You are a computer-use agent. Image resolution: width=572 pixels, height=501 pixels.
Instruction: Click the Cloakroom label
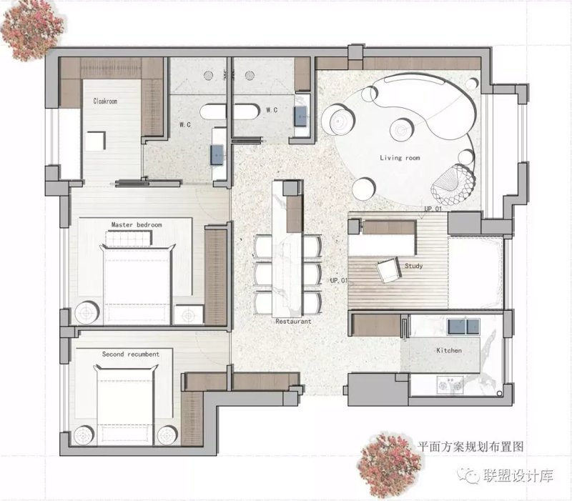[105, 101]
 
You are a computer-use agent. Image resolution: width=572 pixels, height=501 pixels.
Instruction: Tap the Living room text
[400, 157]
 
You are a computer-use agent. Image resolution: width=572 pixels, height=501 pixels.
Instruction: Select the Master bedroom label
[137, 224]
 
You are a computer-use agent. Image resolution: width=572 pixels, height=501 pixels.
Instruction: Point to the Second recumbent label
[131, 354]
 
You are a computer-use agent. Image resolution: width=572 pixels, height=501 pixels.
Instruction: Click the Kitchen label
[449, 350]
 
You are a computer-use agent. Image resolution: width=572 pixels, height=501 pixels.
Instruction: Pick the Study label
[414, 266]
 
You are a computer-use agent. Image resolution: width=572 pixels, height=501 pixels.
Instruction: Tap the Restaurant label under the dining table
[293, 321]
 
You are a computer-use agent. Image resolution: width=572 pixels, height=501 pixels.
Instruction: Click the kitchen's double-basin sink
[463, 326]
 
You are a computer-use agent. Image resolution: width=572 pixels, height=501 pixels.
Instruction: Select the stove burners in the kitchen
[450, 385]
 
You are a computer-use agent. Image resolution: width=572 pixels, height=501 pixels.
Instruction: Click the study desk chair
[388, 270]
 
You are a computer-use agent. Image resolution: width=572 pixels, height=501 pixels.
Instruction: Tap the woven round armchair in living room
[453, 184]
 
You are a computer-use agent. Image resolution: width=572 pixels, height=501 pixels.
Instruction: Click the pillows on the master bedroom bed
[129, 239]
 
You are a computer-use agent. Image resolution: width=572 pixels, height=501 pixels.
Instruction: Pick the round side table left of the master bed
[87, 312]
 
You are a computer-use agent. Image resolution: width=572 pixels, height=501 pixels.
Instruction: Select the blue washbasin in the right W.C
[302, 116]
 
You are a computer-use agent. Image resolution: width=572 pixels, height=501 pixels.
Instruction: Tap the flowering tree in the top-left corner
[31, 31]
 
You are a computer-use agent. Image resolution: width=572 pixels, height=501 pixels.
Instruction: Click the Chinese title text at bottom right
[470, 446]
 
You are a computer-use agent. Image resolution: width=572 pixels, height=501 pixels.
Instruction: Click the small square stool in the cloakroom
[96, 141]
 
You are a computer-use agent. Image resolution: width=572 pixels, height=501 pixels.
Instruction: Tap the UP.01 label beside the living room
[433, 209]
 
